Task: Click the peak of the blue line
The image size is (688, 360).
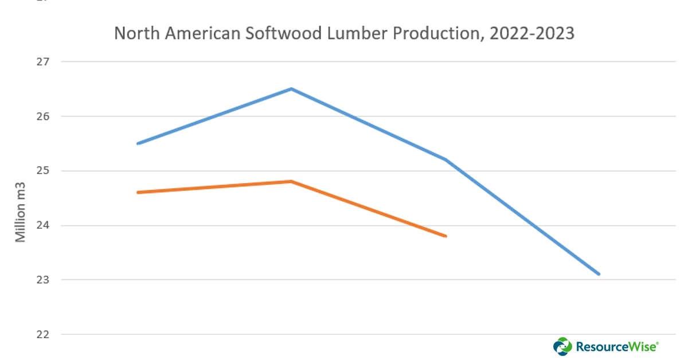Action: [x=291, y=89]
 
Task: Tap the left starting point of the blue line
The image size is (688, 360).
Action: [x=138, y=143]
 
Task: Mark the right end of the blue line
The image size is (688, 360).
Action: [x=599, y=274]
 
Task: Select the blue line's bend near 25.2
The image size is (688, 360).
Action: [x=445, y=159]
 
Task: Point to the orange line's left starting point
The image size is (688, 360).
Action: [x=138, y=193]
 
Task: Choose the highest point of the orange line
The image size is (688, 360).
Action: [x=291, y=181]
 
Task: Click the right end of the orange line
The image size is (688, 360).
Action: [x=445, y=236]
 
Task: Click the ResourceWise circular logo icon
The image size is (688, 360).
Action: [x=562, y=346]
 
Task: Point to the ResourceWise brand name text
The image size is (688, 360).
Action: [x=616, y=346]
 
